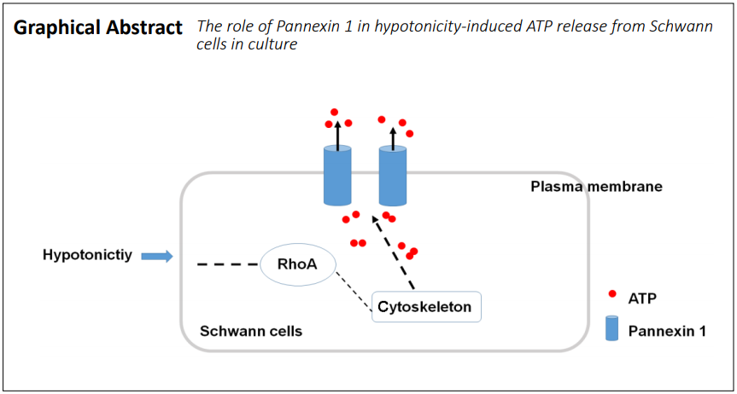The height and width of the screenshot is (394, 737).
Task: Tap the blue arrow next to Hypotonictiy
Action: coord(157,256)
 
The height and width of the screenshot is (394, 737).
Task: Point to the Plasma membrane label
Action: coord(596,187)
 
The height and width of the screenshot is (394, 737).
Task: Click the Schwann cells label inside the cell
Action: coord(251,331)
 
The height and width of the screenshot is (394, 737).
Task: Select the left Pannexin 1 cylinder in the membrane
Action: coord(337,175)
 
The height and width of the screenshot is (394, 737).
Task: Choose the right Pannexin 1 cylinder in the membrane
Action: coord(393,175)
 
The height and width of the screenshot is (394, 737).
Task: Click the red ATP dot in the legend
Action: coord(612,294)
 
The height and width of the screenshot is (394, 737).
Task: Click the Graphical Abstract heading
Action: coord(97,29)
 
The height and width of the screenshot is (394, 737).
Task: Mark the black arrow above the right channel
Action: coord(393,137)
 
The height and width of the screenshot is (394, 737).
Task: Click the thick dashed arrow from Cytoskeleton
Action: coord(393,252)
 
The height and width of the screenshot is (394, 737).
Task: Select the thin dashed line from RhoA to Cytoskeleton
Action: coord(352,287)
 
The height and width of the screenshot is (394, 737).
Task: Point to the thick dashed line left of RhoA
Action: coord(228,264)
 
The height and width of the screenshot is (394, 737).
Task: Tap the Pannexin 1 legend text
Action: coord(667,332)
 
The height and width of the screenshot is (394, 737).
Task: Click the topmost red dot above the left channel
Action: coord(334,113)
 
